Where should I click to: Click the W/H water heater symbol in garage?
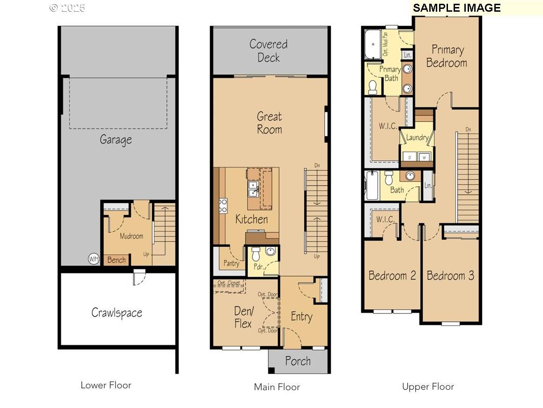click(x=94, y=259)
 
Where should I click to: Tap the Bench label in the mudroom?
click(x=117, y=260)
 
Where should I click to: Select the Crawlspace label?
click(x=117, y=313)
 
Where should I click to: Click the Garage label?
click(x=116, y=140)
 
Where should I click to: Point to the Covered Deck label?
click(x=269, y=51)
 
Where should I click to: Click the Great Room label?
click(x=270, y=123)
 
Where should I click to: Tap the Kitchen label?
click(x=251, y=219)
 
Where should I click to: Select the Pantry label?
click(x=231, y=263)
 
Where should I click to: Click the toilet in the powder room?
click(x=256, y=255)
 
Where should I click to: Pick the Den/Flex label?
click(x=243, y=317)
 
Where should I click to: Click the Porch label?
click(x=298, y=361)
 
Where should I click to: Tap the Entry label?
click(x=301, y=317)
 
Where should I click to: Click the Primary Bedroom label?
click(x=447, y=56)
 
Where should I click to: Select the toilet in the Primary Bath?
click(x=373, y=87)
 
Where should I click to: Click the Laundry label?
click(x=417, y=138)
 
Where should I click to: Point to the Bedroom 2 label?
click(x=392, y=275)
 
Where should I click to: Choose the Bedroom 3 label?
click(x=450, y=275)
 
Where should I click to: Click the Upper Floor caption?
click(x=428, y=386)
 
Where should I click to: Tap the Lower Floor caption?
click(x=106, y=385)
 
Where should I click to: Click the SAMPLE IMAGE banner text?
click(x=457, y=8)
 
